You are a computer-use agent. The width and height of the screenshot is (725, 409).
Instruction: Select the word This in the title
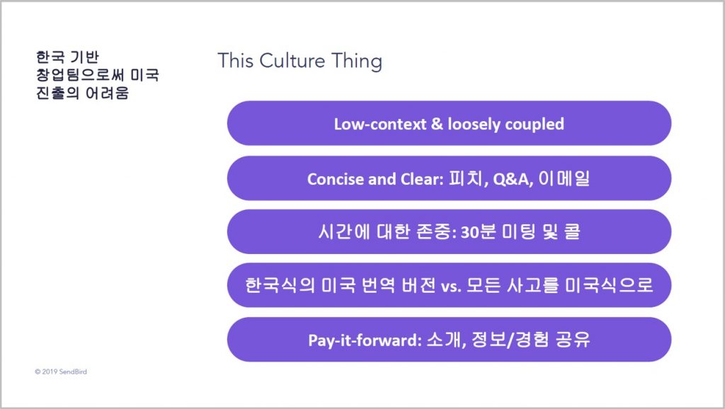(x=235, y=61)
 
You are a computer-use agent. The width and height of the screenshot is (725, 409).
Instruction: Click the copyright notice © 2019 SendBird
(x=61, y=371)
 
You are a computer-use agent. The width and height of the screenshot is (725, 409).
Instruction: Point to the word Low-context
(x=380, y=124)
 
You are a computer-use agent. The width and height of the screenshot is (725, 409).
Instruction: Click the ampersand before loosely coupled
(x=437, y=124)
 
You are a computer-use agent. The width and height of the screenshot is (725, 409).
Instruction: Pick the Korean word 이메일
(x=564, y=178)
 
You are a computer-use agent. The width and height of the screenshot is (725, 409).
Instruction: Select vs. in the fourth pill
(x=451, y=286)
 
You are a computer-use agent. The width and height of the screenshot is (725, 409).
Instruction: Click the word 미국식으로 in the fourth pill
(x=609, y=284)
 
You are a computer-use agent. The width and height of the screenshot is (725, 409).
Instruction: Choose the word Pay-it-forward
(x=365, y=340)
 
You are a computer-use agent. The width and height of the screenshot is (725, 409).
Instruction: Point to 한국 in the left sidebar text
(x=50, y=57)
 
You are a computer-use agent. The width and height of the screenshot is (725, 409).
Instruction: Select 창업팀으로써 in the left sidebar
(x=80, y=75)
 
